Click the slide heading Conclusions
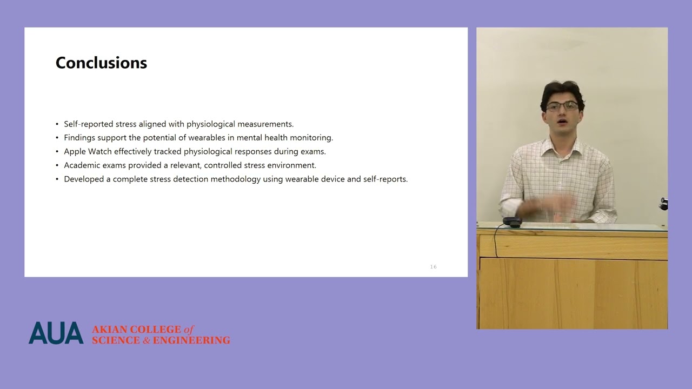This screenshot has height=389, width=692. (x=101, y=63)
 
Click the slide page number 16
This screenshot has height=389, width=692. (x=433, y=267)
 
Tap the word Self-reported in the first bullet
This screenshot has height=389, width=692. (x=89, y=124)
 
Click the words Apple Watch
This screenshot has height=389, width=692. (x=88, y=152)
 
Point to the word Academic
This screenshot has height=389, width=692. (x=82, y=165)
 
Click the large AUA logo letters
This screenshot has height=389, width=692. (x=56, y=333)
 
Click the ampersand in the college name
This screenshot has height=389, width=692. (x=146, y=340)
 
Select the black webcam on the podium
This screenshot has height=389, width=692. (x=511, y=222)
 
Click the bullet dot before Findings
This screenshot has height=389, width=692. (x=57, y=138)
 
